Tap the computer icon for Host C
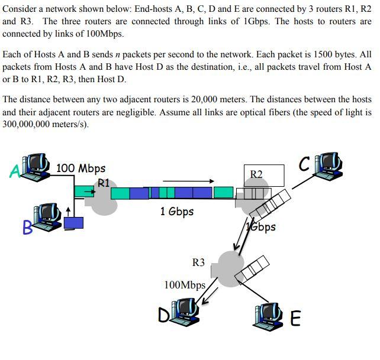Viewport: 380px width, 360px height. [x=329, y=165]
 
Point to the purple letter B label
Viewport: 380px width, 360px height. [x=27, y=227]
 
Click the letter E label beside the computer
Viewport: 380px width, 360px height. [x=296, y=319]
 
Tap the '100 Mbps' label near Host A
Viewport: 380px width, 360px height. [x=80, y=168]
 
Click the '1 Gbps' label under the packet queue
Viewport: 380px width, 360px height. [x=176, y=211]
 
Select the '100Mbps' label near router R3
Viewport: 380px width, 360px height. [x=185, y=285]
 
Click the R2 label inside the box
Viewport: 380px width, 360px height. [x=256, y=174]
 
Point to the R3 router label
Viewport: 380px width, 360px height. [x=198, y=262]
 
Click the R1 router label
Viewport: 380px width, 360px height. [x=104, y=183]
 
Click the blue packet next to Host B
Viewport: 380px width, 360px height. [x=74, y=222]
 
